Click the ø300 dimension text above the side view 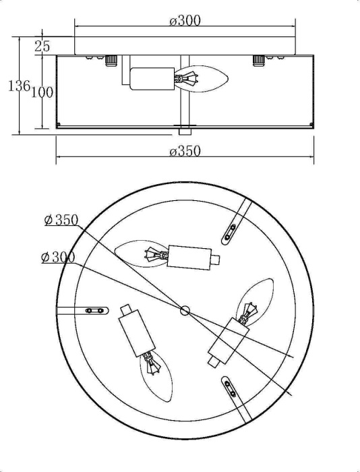tap(185, 20)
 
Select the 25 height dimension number tap(42, 47)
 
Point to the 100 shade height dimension tap(42, 92)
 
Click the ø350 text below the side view tap(185, 151)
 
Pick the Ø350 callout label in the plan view tap(61, 220)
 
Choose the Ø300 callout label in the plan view tap(58, 258)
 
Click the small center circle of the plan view tap(185, 310)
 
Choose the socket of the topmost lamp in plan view tap(188, 257)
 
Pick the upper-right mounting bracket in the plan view tap(233, 228)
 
